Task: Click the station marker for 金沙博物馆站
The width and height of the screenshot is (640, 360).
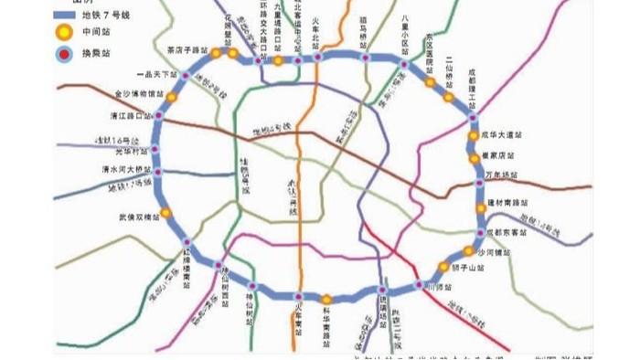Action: point(171,96)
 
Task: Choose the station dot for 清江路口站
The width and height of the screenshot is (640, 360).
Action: point(160,116)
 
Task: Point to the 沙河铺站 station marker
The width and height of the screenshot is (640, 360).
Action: point(467,250)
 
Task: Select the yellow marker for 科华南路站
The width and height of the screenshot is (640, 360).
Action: point(326,299)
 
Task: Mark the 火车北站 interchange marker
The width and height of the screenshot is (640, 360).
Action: point(319,58)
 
